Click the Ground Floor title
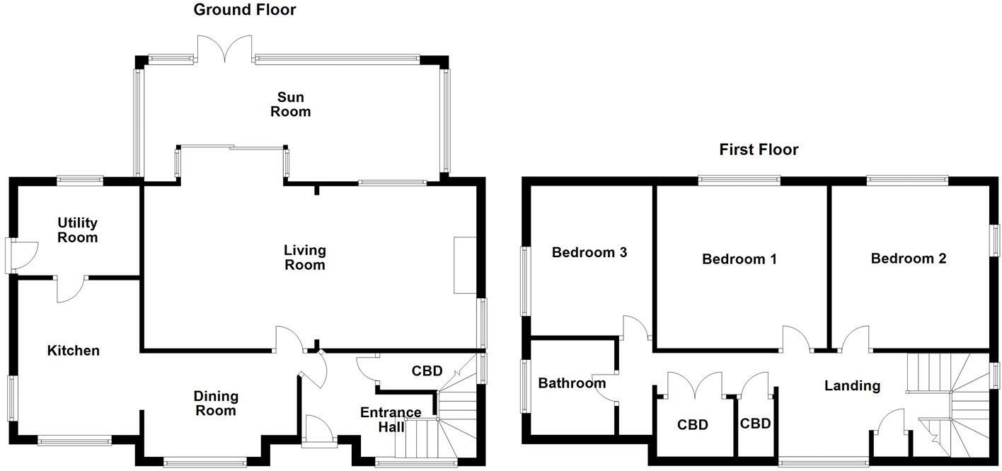pyautogui.click(x=245, y=10)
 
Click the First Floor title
pyautogui.click(x=759, y=149)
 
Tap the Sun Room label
pyautogui.click(x=291, y=104)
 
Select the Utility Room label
pyautogui.click(x=78, y=230)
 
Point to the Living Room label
pyautogui.click(x=305, y=257)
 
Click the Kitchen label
pyautogui.click(x=74, y=351)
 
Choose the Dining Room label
pyautogui.click(x=217, y=403)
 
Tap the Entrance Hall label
pyautogui.click(x=391, y=419)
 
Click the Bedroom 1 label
pyautogui.click(x=739, y=259)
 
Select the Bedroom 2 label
pyautogui.click(x=909, y=259)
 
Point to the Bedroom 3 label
pyautogui.click(x=589, y=252)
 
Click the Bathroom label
pyautogui.click(x=572, y=383)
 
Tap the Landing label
pyautogui.click(x=852, y=385)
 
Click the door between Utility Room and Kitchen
pyautogui.click(x=70, y=288)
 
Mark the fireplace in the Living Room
pyautogui.click(x=465, y=265)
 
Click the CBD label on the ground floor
pyautogui.click(x=427, y=371)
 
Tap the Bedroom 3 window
pyautogui.click(x=524, y=280)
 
